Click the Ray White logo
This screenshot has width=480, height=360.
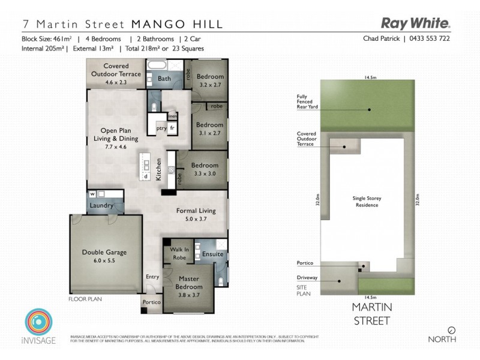pyautogui.click(x=416, y=23)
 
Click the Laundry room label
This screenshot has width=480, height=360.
pyautogui.click(x=102, y=206)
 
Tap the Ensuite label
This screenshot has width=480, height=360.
pyautogui.click(x=212, y=254)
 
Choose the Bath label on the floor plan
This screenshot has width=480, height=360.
pyautogui.click(x=164, y=79)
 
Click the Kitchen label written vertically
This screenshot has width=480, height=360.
pyautogui.click(x=159, y=170)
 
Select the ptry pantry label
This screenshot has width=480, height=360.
pyautogui.click(x=161, y=127)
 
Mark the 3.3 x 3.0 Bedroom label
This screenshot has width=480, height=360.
pyautogui.click(x=203, y=169)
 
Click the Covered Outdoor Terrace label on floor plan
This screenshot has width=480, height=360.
pyautogui.click(x=122, y=70)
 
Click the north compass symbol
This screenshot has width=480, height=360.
pyautogui.click(x=452, y=329)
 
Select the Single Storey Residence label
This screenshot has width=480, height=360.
pyautogui.click(x=365, y=201)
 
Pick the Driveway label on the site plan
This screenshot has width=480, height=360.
pyautogui.click(x=307, y=278)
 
